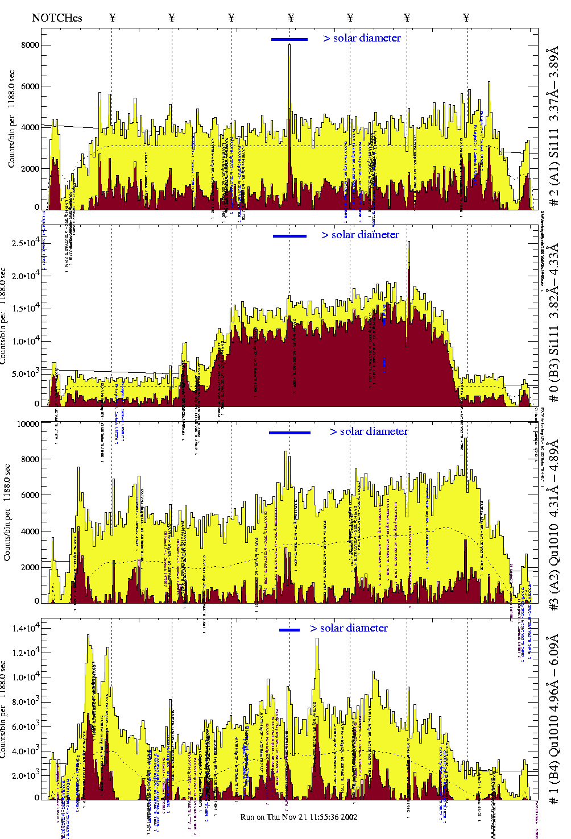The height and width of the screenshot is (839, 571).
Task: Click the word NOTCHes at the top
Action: (57, 18)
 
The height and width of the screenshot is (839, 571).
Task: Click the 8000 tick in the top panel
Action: (30, 45)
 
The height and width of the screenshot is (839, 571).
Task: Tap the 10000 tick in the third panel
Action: (28, 423)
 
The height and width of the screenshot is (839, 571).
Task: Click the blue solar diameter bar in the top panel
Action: (289, 39)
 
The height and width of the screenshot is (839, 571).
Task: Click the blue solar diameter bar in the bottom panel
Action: (289, 630)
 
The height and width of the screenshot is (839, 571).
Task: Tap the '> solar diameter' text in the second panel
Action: (360, 235)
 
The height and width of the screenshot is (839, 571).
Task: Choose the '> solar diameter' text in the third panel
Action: (369, 431)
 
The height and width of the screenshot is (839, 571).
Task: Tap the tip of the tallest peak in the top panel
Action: (289, 45)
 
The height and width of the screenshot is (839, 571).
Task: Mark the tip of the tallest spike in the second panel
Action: (408, 242)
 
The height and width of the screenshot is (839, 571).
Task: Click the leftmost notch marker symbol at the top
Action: (112, 18)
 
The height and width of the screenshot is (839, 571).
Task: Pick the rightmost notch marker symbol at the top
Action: (466, 18)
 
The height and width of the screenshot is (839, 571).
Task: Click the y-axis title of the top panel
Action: (11, 119)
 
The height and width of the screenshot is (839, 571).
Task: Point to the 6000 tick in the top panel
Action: (30, 86)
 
